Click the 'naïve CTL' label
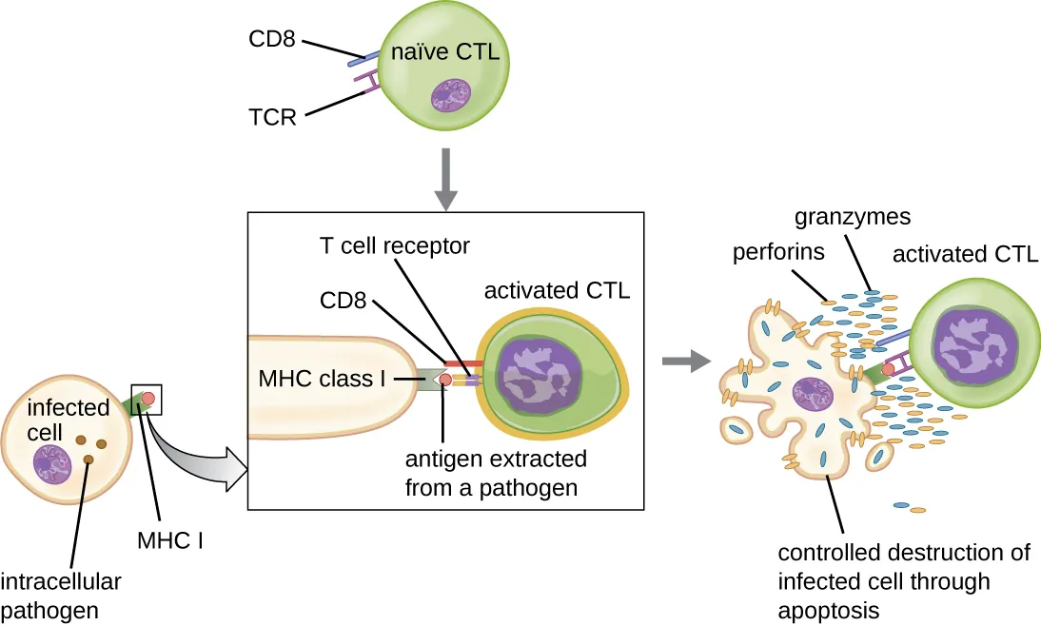444,53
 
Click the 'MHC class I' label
322,379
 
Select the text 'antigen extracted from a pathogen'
496,474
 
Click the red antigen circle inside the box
445,381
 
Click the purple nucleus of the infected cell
53,465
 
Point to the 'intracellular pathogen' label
61,594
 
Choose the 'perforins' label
777,254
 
